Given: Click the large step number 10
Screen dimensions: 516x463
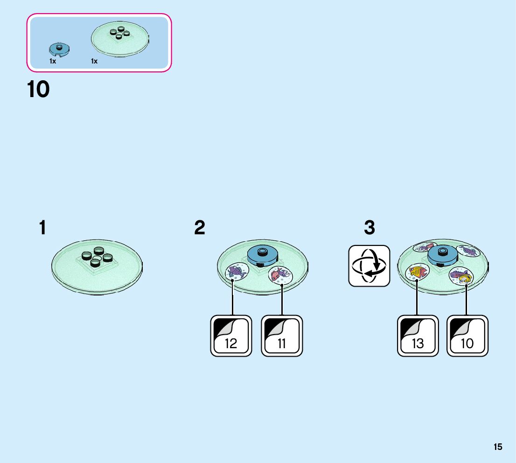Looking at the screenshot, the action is click(38, 90).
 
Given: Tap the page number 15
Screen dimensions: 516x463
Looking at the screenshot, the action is click(498, 447).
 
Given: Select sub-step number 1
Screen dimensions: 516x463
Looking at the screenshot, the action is click(42, 228).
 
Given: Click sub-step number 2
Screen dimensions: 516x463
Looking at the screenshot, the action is click(200, 228).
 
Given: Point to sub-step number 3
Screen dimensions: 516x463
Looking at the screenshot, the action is click(369, 228).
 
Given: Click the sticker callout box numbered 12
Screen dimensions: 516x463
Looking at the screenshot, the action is click(231, 336).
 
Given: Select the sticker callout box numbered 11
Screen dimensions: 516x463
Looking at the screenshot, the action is click(282, 336).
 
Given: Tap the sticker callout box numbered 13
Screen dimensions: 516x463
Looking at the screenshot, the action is click(418, 336).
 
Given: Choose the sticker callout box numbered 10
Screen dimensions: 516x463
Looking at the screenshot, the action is click(467, 336).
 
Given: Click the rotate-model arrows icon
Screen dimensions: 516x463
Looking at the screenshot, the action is click(369, 266).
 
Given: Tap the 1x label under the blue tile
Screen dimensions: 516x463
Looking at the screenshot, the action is click(53, 61).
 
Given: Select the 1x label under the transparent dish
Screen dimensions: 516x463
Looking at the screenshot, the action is click(94, 61).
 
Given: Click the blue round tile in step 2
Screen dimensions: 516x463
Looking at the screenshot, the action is click(262, 255).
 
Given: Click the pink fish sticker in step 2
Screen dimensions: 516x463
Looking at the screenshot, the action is click(279, 274).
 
